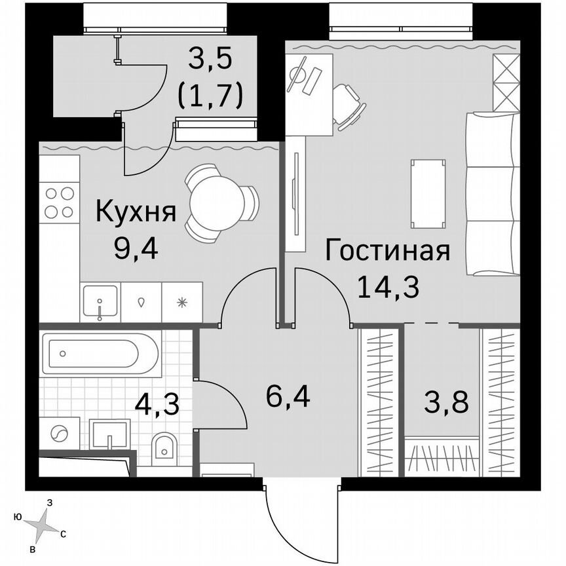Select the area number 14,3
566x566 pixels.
tap(388, 286)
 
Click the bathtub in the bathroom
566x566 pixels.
tap(100, 354)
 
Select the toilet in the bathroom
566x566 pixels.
tap(162, 449)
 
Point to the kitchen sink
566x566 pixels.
tap(100, 303)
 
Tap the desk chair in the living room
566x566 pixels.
tap(347, 104)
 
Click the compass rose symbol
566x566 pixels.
tap(46, 523)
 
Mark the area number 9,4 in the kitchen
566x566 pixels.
tap(136, 249)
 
